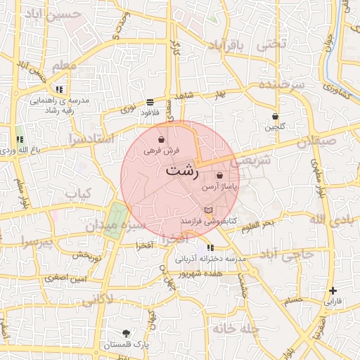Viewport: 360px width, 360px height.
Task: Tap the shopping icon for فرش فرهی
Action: pyautogui.click(x=162, y=139)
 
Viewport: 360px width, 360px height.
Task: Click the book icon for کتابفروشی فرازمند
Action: pyautogui.click(x=207, y=210)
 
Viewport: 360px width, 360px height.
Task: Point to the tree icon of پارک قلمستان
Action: pyautogui.click(x=126, y=333)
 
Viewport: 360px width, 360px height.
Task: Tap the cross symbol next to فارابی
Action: pyautogui.click(x=333, y=290)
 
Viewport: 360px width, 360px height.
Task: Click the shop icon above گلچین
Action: pyautogui.click(x=275, y=116)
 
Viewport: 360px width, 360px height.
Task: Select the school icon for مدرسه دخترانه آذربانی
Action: pyautogui.click(x=210, y=247)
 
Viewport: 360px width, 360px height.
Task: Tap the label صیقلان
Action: pyautogui.click(x=313, y=141)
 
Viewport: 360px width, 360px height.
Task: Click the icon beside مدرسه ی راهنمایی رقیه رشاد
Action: pyautogui.click(x=59, y=89)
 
